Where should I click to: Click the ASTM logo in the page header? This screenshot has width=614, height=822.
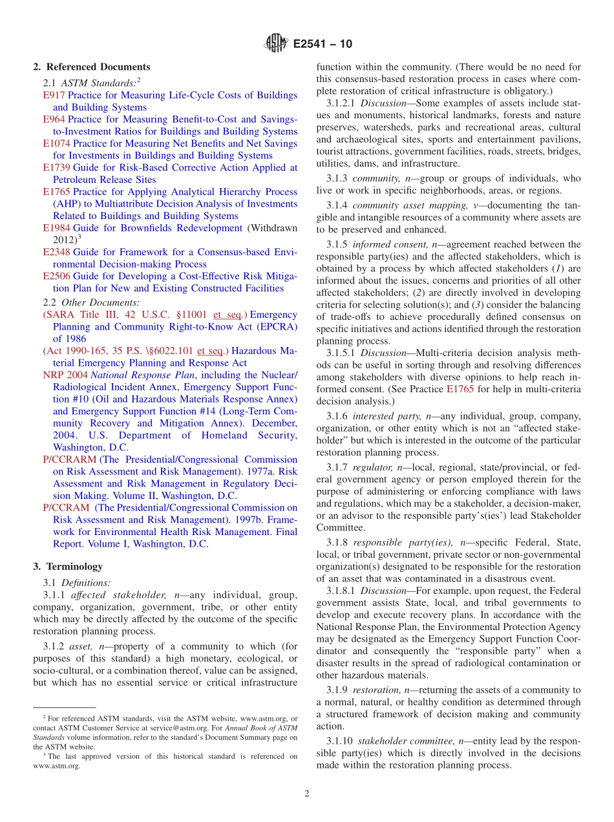pos(276,44)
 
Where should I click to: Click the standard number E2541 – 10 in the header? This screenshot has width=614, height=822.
pos(323,45)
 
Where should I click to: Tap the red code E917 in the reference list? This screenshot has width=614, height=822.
pos(54,96)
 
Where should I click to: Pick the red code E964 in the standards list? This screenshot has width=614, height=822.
pos(54,120)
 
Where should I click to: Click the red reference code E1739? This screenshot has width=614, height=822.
pos(56,168)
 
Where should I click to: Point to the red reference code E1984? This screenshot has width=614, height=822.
pos(56,228)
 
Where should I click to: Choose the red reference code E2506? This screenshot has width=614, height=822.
pos(56,277)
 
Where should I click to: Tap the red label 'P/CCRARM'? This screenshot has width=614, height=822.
pos(69,460)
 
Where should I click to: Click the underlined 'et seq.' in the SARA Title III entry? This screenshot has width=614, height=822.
pos(226,315)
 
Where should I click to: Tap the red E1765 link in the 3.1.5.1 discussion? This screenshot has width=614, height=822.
pos(460,389)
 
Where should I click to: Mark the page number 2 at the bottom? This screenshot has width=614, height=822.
pos(307,794)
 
